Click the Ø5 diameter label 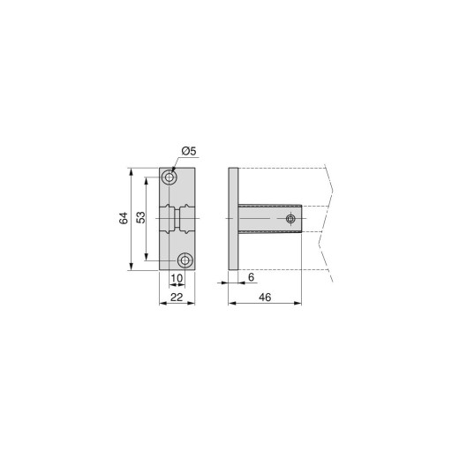point(189,151)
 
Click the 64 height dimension point(124,218)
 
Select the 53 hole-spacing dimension point(141,217)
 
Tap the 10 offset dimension point(177,278)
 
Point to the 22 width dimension point(177,298)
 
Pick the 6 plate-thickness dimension point(251,277)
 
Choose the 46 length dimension point(265,298)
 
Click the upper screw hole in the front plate point(169,177)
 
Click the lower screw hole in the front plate point(185,260)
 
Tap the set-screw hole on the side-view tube point(290,219)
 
